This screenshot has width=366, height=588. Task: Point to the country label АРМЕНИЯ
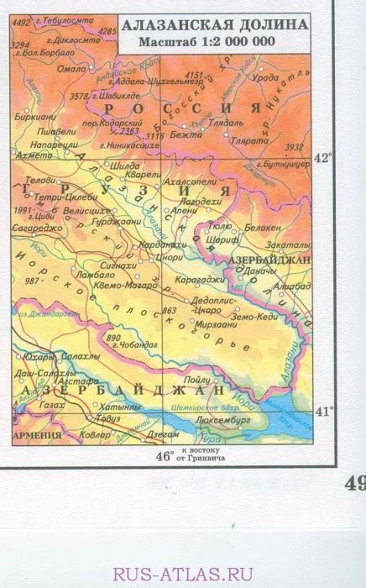(38, 436)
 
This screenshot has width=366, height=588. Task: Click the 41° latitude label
(322, 411)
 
